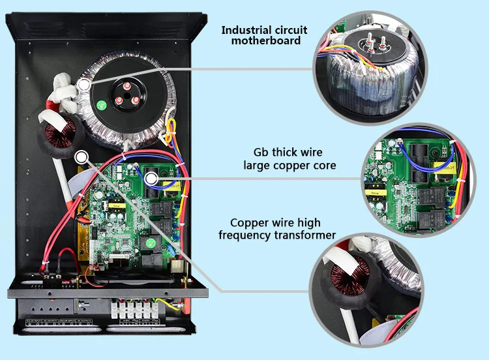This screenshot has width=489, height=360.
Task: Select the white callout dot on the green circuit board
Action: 151,178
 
